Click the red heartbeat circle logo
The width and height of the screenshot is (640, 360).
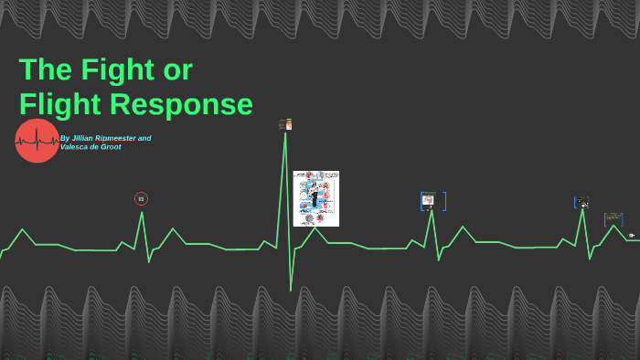(37, 141)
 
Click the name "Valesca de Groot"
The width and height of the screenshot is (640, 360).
(91, 147)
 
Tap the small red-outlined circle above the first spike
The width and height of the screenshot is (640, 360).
(141, 198)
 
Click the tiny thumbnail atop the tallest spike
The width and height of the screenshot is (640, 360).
(285, 124)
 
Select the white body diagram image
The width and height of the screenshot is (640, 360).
(315, 198)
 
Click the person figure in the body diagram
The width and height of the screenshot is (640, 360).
(315, 194)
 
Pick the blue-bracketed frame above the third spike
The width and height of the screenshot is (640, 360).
(432, 201)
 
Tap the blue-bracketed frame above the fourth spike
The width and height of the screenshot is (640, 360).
(581, 202)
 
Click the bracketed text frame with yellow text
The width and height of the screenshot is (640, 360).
(613, 219)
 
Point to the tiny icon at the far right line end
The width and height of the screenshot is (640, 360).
(631, 235)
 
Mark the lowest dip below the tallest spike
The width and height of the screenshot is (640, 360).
(291, 290)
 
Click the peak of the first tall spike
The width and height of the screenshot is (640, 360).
(142, 213)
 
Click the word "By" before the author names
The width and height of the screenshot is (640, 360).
(64, 138)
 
